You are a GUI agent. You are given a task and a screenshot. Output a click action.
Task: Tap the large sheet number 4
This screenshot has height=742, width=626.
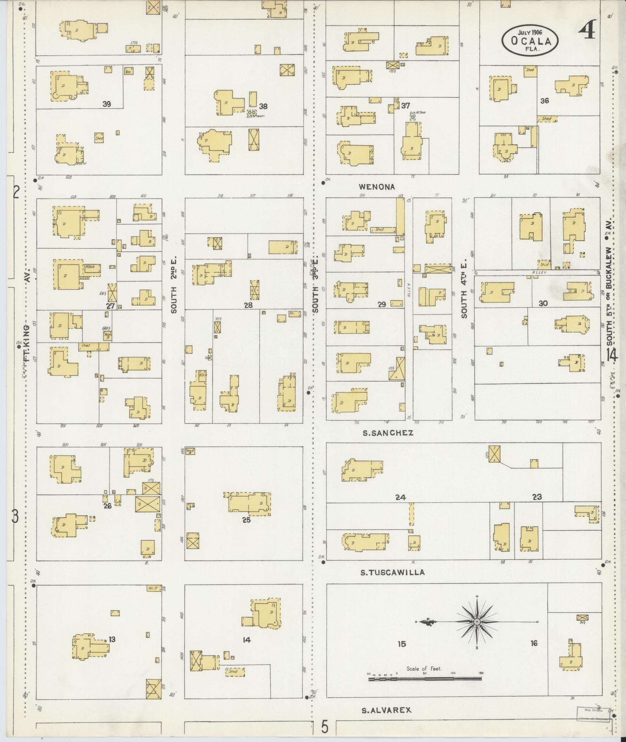pyautogui.click(x=588, y=30)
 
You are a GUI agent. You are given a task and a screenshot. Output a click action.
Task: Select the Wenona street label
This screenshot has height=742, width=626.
pyautogui.click(x=376, y=187)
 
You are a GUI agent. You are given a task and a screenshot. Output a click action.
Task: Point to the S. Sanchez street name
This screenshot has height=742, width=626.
pyautogui.click(x=388, y=433)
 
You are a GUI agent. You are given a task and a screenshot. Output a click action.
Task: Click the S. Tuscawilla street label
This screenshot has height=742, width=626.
pyautogui.click(x=392, y=572)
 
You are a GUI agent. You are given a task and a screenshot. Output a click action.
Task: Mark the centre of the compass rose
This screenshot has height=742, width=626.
pyautogui.click(x=477, y=622)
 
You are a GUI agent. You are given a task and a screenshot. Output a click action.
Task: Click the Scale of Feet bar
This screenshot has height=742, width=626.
pyautogui.click(x=425, y=679)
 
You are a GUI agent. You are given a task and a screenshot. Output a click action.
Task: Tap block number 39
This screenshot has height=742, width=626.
pyautogui.click(x=107, y=104)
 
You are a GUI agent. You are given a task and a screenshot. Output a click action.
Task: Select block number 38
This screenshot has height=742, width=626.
pyautogui.click(x=264, y=106)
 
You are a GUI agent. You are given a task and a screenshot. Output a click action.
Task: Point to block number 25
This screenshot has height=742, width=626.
pyautogui.click(x=246, y=520)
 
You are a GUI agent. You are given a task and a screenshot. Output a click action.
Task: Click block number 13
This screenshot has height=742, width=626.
pyautogui.click(x=112, y=639)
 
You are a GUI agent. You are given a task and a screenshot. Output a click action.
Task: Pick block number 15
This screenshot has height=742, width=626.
pyautogui.click(x=402, y=644)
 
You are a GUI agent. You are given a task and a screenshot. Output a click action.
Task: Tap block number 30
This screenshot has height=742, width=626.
pyautogui.click(x=543, y=303)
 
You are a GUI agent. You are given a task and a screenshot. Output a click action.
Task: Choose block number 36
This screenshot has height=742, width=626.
pyautogui.click(x=544, y=101)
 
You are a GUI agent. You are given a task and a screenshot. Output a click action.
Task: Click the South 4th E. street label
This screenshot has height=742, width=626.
pyautogui.click(x=464, y=294)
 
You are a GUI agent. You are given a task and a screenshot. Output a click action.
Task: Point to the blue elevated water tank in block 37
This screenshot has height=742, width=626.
pyautogui.click(x=413, y=117)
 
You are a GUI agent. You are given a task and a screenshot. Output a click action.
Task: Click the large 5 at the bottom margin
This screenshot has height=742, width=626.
pyautogui.click(x=324, y=727)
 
